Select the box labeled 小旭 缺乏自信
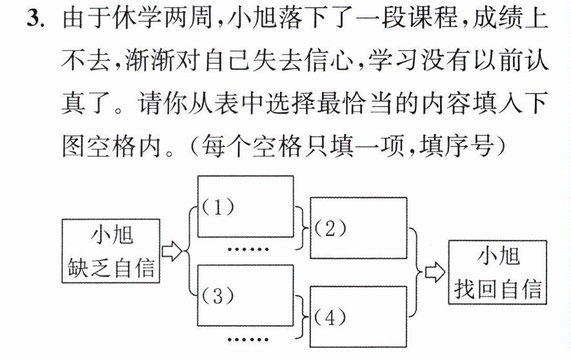coord(111,251)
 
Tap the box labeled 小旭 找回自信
coord(497,272)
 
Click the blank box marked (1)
coord(245,206)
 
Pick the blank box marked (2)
coord(358,228)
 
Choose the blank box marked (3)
coord(245,295)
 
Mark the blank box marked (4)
coord(358,317)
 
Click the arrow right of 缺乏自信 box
coord(172,251)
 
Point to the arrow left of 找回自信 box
coord(435,272)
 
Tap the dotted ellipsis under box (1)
coord(248,249)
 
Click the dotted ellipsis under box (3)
coord(248,339)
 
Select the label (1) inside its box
coord(218,208)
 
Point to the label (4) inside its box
coord(330,319)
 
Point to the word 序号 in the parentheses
coord(470,146)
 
